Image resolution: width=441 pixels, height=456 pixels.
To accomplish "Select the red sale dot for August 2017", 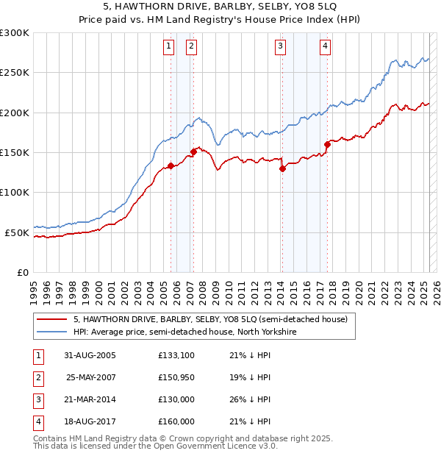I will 327,144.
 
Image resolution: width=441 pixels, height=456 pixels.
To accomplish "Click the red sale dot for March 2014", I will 282,168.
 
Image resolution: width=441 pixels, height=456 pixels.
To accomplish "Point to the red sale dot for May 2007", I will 193,152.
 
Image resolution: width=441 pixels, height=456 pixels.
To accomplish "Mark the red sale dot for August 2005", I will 171,165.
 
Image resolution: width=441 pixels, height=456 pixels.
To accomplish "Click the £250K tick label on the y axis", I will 14,73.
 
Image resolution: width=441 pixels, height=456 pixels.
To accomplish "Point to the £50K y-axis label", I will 17,232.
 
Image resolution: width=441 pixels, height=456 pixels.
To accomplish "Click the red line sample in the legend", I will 52,319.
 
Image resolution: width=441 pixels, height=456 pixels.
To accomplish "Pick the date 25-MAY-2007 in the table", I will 91,377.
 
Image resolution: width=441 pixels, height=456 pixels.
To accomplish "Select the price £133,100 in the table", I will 176,355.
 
